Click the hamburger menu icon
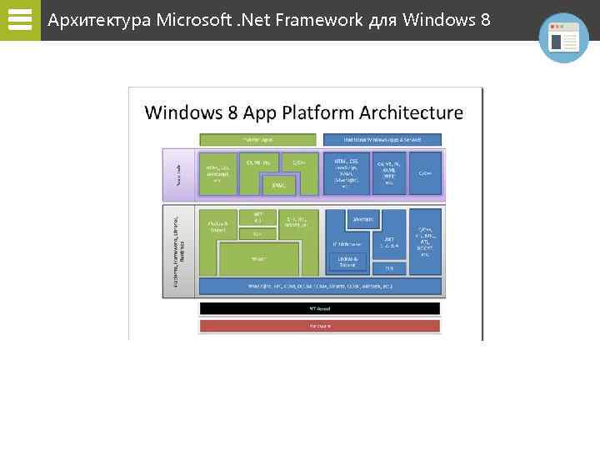tap(19, 19)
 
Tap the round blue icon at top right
tap(563, 37)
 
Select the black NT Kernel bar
tap(319, 308)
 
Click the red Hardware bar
tap(319, 326)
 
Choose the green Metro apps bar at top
tap(257, 139)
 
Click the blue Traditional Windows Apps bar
tap(382, 139)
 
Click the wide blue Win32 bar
tap(319, 286)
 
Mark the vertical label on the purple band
tap(176, 172)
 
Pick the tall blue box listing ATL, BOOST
tap(424, 242)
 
